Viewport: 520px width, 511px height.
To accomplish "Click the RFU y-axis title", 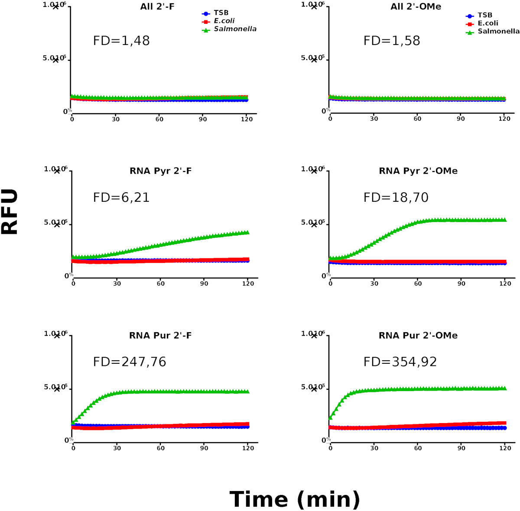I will pyautogui.click(x=10, y=212).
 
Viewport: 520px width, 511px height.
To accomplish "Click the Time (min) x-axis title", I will pyautogui.click(x=295, y=499).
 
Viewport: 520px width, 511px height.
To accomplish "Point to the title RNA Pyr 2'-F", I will pyautogui.click(x=161, y=171).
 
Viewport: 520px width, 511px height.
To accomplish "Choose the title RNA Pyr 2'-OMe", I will pyautogui.click(x=418, y=171).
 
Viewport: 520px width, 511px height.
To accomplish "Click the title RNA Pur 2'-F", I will pyautogui.click(x=161, y=335).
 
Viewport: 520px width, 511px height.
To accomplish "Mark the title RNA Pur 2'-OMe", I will pyautogui.click(x=418, y=335).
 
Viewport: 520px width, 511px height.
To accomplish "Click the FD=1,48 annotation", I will pyautogui.click(x=121, y=41).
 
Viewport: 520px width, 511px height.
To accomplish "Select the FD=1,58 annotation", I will pyautogui.click(x=392, y=41).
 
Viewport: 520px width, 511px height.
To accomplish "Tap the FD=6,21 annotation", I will pyautogui.click(x=121, y=197).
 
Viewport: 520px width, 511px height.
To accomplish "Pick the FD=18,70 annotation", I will pyautogui.click(x=396, y=197).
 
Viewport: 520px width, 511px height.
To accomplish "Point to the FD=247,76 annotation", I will pyautogui.click(x=130, y=362).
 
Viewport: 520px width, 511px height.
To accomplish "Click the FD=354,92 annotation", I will pyautogui.click(x=400, y=362).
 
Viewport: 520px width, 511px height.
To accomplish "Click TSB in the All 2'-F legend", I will pyautogui.click(x=221, y=13).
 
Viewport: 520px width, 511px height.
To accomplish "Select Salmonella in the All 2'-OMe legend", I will pyautogui.click(x=498, y=31).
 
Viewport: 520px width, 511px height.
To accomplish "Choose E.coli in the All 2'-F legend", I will pyautogui.click(x=224, y=21).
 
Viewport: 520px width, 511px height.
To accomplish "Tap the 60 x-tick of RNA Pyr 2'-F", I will pyautogui.click(x=161, y=284).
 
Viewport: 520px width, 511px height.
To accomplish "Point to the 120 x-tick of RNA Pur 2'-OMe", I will pyautogui.click(x=505, y=448).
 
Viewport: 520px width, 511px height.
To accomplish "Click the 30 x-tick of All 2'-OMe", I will pyautogui.click(x=374, y=119).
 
